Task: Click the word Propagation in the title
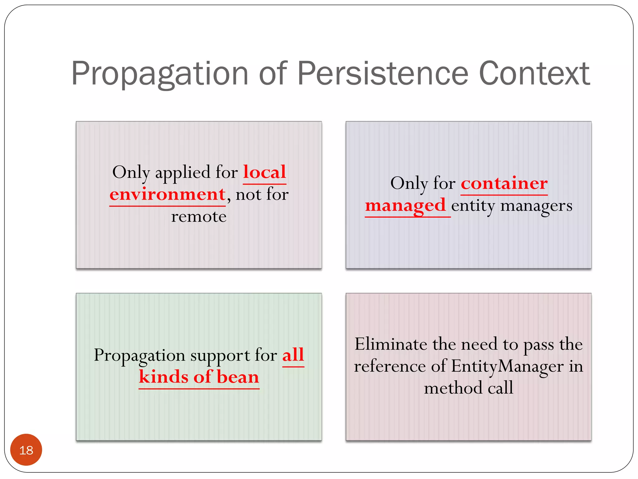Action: coord(160,74)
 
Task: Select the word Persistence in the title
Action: coord(383,74)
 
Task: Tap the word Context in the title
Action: coord(534,74)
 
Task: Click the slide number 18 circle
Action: coord(26,450)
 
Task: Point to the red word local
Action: coord(264,172)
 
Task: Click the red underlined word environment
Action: coord(168,195)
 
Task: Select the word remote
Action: coord(199,216)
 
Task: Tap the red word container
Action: coord(504,183)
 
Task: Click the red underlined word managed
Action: coord(405,206)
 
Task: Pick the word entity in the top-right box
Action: coord(473,206)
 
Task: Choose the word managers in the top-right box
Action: coord(536,206)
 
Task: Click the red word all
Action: coord(293,355)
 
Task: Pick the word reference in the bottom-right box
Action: coord(390,366)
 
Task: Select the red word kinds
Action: coord(164,377)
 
